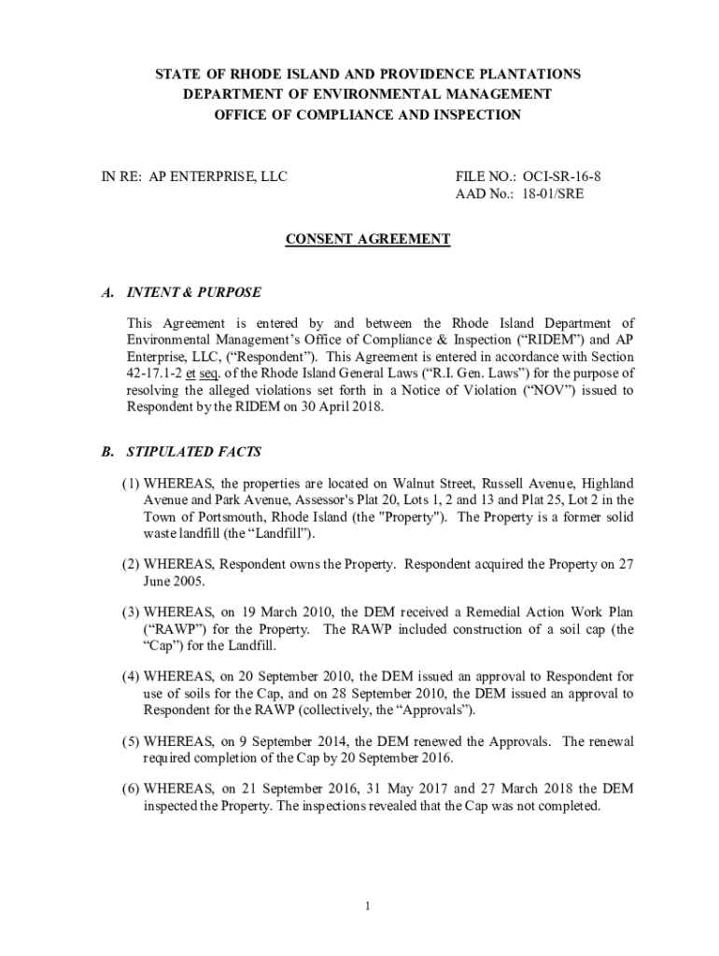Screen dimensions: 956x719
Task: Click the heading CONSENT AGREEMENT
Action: [367, 240]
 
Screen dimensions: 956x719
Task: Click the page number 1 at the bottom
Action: [369, 905]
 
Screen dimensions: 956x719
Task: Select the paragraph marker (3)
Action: [131, 612]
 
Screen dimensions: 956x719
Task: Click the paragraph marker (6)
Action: [131, 790]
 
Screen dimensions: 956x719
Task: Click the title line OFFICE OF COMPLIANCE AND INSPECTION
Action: [367, 114]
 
